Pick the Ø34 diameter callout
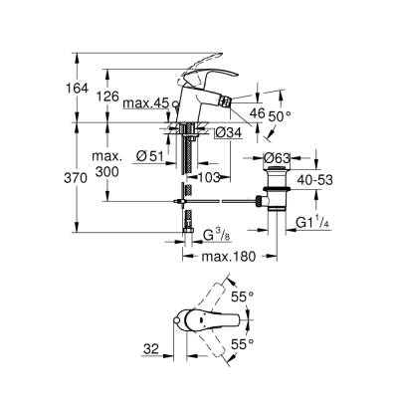pyautogui.click(x=230, y=132)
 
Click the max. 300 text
pyautogui.click(x=108, y=165)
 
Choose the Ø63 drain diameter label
pyautogui.click(x=280, y=156)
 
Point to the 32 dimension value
pyautogui.click(x=150, y=348)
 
